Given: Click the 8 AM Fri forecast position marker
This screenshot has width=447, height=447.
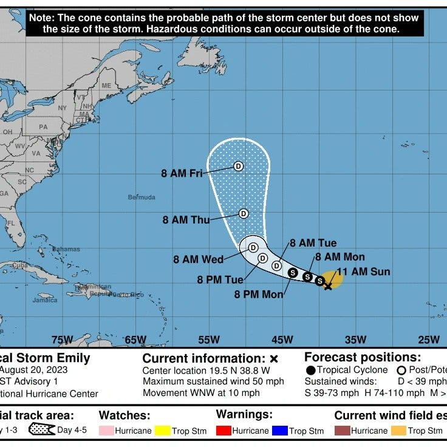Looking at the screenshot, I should pos(239,166).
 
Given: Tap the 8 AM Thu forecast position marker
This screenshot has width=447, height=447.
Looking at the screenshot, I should pos(244,213).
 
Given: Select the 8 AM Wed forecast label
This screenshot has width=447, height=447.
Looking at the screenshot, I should pos(199,259).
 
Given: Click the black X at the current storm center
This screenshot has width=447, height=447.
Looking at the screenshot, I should pos(328,285).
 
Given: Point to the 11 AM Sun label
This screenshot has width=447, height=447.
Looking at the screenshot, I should pos(363,271).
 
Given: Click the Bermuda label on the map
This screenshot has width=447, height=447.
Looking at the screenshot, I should pos(142,197).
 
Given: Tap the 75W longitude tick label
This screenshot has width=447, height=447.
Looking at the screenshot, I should pos(62,340).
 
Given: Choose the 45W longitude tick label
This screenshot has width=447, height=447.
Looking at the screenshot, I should pos(282,340).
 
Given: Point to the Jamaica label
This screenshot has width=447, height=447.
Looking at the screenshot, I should pos(45,300).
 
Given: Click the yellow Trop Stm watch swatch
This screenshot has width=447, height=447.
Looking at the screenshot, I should pos(162,431).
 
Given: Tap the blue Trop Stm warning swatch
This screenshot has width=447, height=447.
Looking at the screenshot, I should pos(278,431).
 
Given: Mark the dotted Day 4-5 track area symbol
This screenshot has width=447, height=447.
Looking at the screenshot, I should pos(41,430).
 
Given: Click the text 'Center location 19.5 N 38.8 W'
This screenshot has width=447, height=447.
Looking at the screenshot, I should pos(206,370).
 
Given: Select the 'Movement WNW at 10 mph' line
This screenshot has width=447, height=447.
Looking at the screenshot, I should pos(201,392).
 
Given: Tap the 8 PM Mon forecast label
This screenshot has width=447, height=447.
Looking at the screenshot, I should pos(259,294).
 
